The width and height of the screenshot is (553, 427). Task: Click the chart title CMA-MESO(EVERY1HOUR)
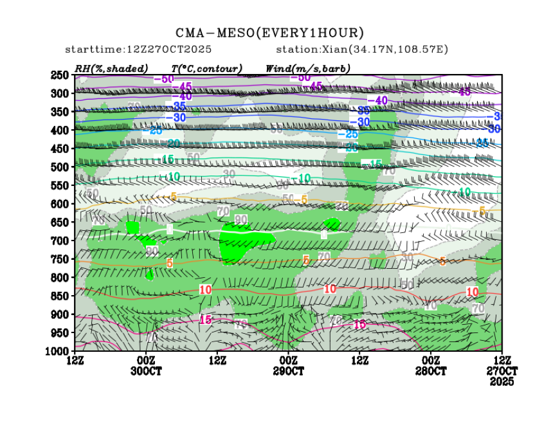(270, 33)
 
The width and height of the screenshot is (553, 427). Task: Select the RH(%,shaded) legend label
(111, 68)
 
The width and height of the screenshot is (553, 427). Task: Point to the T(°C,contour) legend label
(207, 68)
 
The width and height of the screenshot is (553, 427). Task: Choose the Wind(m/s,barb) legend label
(308, 68)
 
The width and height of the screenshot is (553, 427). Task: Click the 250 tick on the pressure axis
(59, 75)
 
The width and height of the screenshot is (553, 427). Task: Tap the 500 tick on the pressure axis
(59, 167)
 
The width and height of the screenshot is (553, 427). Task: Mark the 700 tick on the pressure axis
(59, 241)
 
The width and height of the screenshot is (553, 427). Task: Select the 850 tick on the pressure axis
(59, 296)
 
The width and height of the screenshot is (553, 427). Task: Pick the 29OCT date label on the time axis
(288, 372)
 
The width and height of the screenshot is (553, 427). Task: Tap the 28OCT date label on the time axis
(430, 372)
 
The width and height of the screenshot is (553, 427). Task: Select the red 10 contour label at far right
(472, 292)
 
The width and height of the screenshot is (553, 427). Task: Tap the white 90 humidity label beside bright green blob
(241, 220)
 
